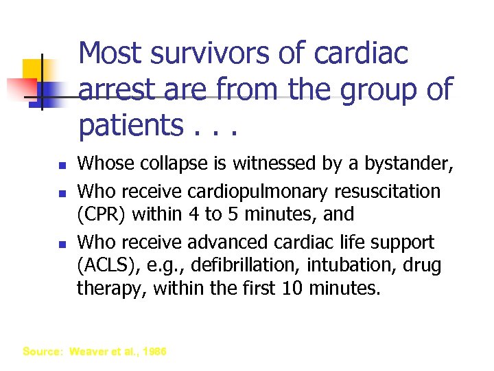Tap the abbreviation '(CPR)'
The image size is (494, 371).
pyautogui.click(x=101, y=214)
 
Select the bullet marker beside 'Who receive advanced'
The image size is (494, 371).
pyautogui.click(x=61, y=243)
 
